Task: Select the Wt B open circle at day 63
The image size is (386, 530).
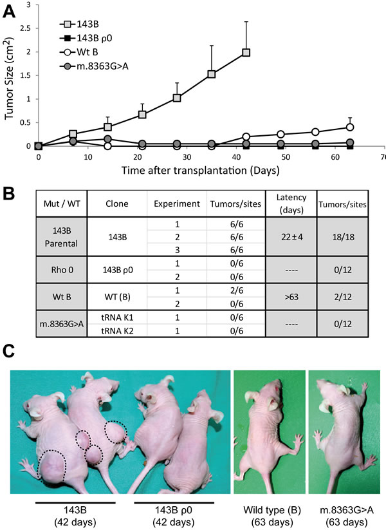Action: (349, 127)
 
